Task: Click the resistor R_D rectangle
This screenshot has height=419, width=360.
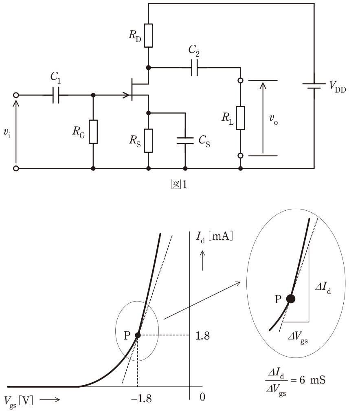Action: (x=149, y=35)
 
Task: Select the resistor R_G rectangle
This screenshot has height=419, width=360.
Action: (x=93, y=132)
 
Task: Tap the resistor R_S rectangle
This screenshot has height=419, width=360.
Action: (x=149, y=141)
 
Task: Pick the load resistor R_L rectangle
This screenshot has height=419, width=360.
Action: (x=240, y=118)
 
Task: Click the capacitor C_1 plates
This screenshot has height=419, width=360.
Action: (x=56, y=95)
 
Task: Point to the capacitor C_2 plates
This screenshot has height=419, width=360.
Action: (x=194, y=68)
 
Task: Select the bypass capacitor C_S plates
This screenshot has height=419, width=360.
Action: (x=185, y=141)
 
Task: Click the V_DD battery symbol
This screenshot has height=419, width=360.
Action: (x=314, y=86)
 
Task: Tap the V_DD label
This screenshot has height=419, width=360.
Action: (x=338, y=86)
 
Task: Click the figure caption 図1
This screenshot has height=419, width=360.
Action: (x=179, y=184)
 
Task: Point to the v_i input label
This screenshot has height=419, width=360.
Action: (x=7, y=133)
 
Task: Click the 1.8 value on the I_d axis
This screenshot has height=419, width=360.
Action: (x=202, y=335)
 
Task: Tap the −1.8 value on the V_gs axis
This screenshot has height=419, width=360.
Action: (x=141, y=399)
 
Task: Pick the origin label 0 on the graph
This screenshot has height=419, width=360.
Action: (x=202, y=397)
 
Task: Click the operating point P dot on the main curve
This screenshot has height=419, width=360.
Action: (x=138, y=335)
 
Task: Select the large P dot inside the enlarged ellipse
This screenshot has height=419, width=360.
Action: (x=290, y=299)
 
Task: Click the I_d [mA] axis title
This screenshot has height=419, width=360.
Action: (x=215, y=237)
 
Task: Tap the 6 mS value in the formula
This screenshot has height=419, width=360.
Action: (x=312, y=380)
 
